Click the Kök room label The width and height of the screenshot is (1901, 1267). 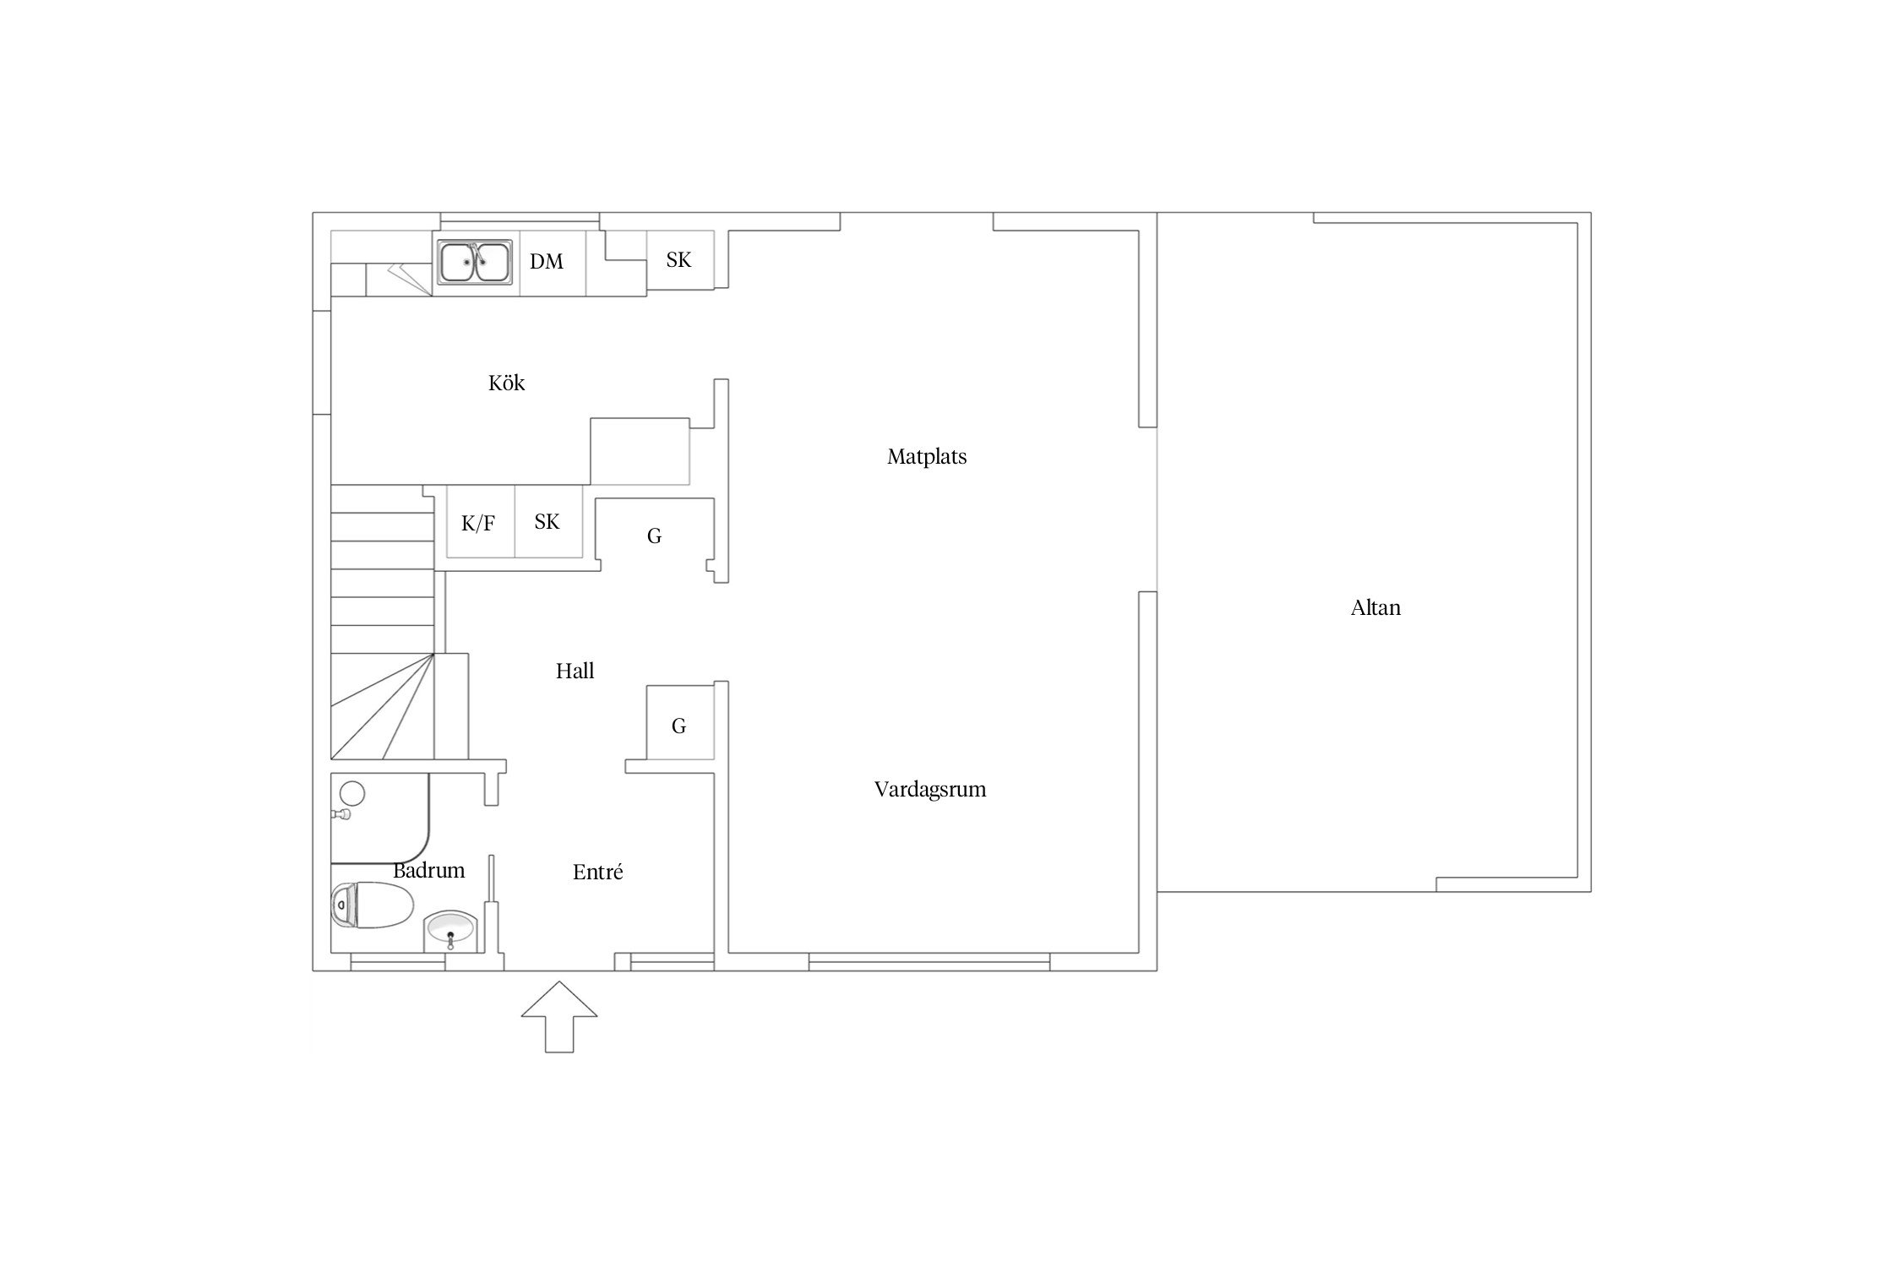click(x=506, y=383)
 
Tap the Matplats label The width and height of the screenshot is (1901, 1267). click(x=927, y=457)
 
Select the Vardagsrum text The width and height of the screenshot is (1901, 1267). click(x=930, y=790)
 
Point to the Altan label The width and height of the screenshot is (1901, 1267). click(x=1375, y=608)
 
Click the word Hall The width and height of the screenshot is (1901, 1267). click(x=575, y=672)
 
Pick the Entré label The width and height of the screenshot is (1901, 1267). click(x=597, y=872)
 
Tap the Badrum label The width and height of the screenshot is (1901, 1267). click(x=428, y=870)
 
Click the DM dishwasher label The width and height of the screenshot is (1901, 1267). click(x=547, y=262)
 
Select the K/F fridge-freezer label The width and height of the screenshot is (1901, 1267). click(x=478, y=524)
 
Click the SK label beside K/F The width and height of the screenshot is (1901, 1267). click(x=547, y=522)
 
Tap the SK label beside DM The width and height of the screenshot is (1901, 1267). click(x=678, y=260)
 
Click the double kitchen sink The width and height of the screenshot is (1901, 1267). click(x=475, y=262)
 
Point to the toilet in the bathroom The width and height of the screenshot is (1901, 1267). click(x=372, y=905)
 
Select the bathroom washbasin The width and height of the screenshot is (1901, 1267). click(x=451, y=931)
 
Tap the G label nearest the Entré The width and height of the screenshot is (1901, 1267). click(x=678, y=726)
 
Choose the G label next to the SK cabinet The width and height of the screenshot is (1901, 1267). click(x=654, y=536)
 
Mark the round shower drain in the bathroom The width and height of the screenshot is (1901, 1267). click(x=351, y=793)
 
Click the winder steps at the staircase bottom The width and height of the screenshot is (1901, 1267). click(x=382, y=706)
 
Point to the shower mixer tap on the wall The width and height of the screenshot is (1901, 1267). click(x=342, y=815)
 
